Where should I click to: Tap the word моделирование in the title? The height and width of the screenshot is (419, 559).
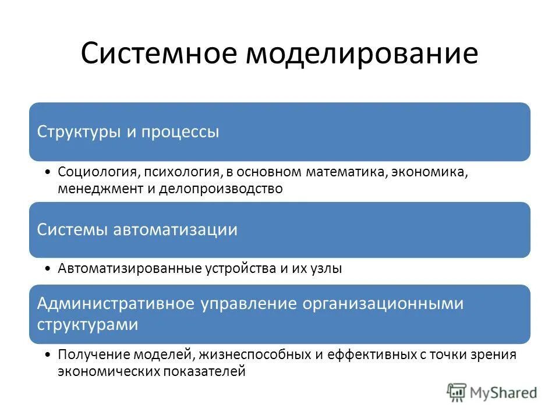tap(362, 54)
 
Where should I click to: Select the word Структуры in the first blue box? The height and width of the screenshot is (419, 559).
tap(79, 132)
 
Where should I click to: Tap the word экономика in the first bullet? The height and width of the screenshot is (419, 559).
tap(430, 172)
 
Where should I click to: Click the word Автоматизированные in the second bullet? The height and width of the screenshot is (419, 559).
tap(129, 268)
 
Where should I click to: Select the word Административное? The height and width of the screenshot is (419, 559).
tap(116, 304)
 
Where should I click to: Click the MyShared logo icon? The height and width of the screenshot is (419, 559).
tap(457, 392)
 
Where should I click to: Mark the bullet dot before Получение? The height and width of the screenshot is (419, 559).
tap(46, 354)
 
